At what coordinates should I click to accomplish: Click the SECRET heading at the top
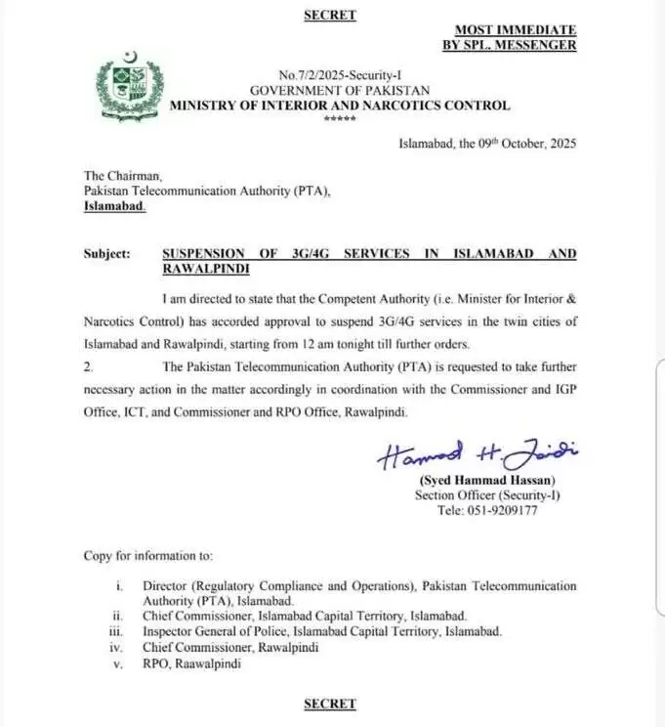[329, 15]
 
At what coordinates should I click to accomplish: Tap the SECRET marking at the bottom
[329, 704]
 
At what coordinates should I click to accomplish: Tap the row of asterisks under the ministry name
[340, 119]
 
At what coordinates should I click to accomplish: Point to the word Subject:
[106, 253]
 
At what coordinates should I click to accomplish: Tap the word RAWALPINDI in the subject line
[207, 268]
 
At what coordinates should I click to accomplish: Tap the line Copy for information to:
[147, 556]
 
